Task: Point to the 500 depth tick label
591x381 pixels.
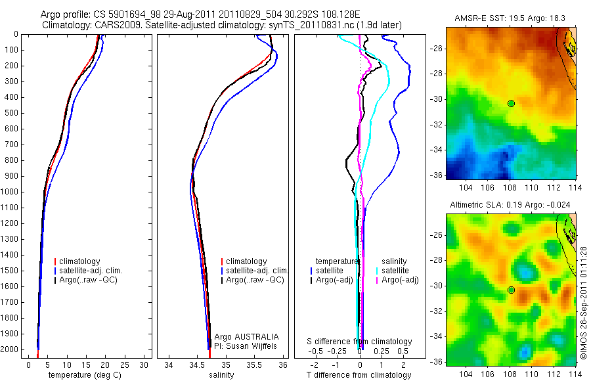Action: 12,113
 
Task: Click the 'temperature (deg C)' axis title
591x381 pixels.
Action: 83,375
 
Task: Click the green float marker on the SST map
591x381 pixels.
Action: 511,103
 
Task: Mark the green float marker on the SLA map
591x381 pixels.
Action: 511,290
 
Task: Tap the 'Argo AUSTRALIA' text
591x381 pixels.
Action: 242,336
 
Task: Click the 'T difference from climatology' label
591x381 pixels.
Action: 360,375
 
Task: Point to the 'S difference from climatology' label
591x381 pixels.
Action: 360,342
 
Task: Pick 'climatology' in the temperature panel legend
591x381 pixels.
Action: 79,261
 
